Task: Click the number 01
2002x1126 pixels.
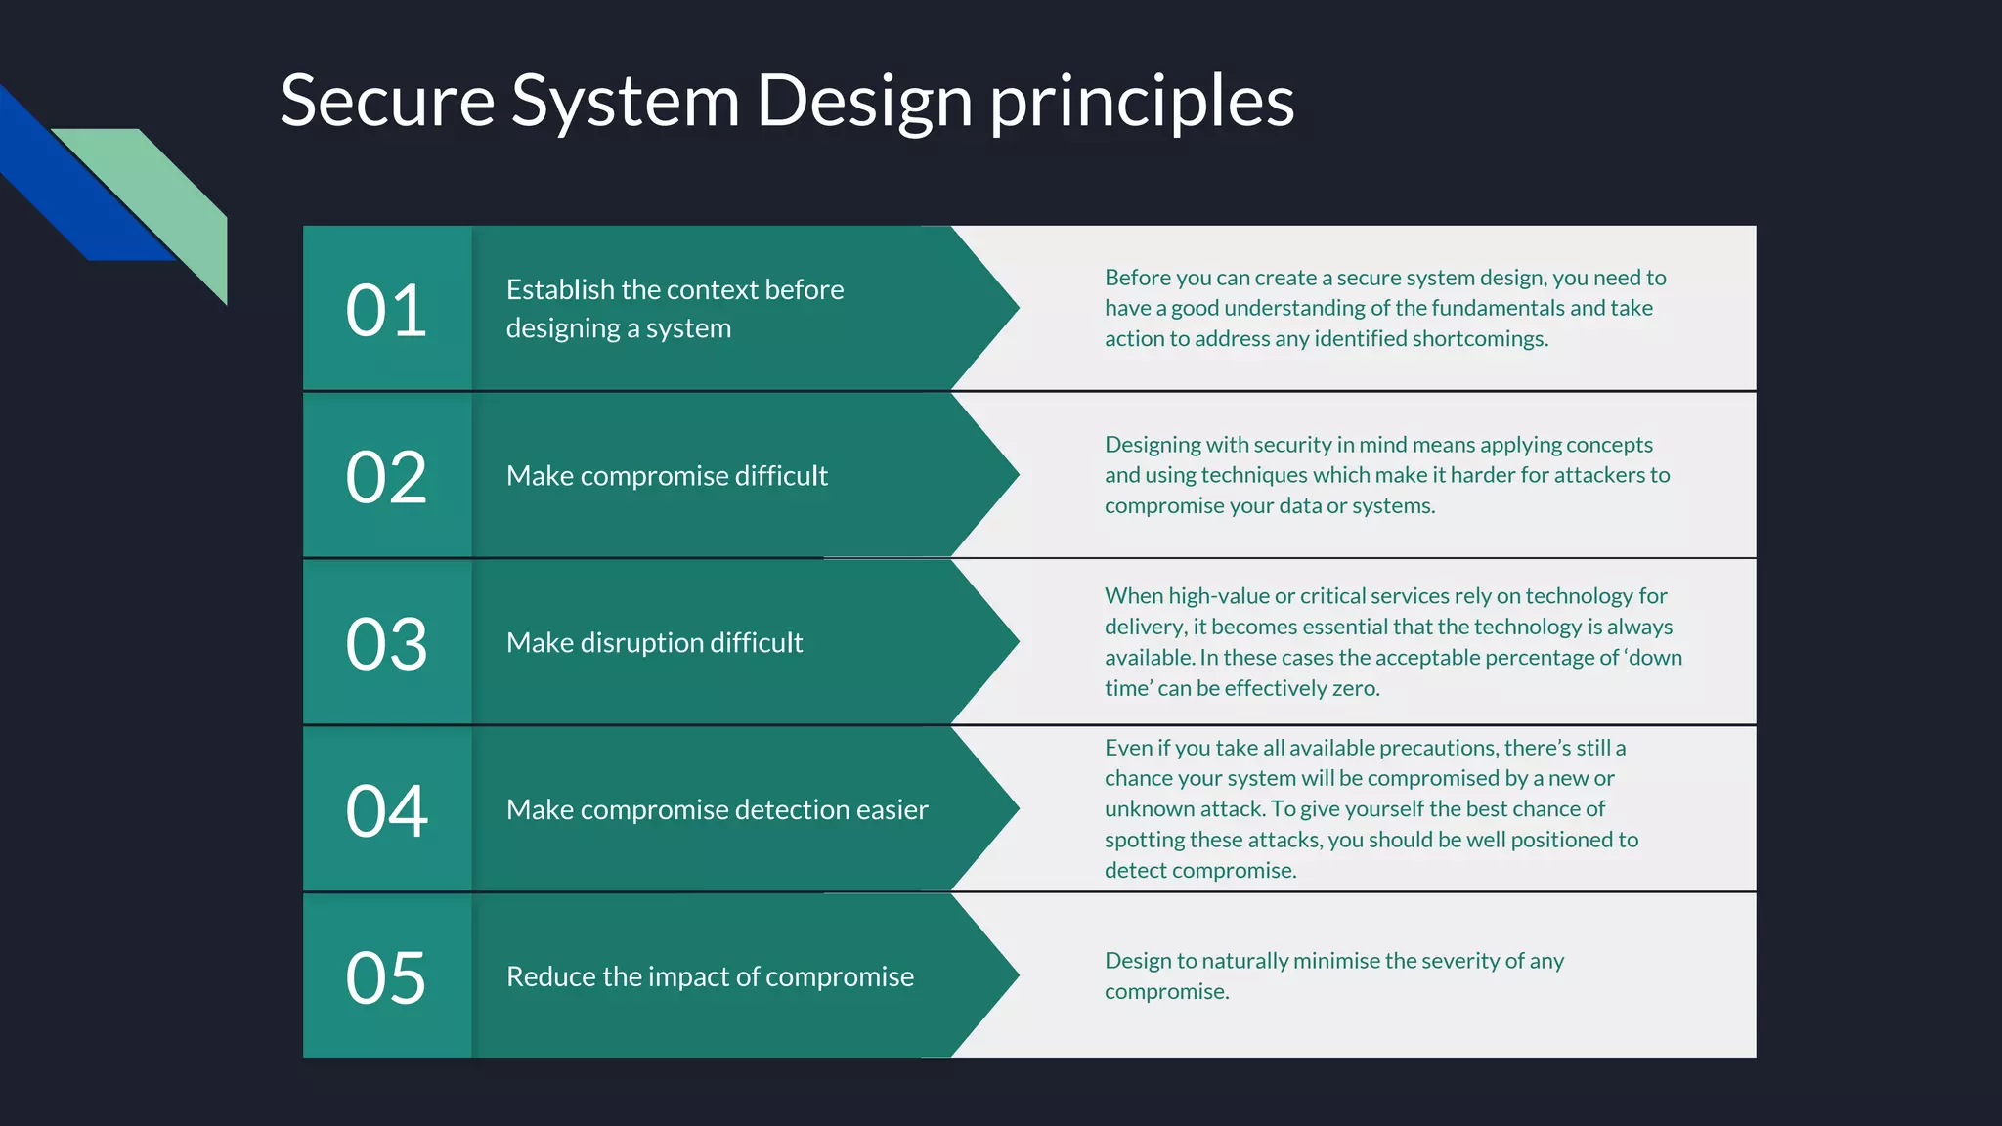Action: coord(386,311)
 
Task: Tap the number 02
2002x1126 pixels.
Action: coord(386,477)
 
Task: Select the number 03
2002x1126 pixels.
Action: coord(386,644)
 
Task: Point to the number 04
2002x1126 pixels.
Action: coord(386,810)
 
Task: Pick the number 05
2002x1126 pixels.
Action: coord(386,977)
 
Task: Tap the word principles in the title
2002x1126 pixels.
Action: coord(1142,102)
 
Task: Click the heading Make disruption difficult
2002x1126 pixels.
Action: coord(654,643)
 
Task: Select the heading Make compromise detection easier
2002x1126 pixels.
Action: coord(717,810)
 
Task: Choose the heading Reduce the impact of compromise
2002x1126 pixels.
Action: coord(710,976)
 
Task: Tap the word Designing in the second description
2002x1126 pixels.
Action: coord(1153,446)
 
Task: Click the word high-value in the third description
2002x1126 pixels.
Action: coord(1218,596)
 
